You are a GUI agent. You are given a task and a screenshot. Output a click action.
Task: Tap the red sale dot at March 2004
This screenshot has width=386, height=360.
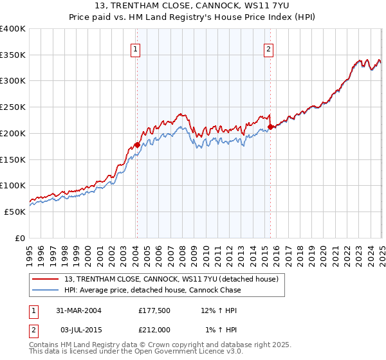coord(137,145)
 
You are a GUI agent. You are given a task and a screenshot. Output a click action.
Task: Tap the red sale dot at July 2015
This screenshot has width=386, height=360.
coord(270,127)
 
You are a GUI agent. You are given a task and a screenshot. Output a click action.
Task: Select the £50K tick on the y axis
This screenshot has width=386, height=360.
coord(15,212)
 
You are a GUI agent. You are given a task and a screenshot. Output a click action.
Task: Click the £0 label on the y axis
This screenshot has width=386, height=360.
coord(20,238)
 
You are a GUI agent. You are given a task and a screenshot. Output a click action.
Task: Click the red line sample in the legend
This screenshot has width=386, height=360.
coord(45,280)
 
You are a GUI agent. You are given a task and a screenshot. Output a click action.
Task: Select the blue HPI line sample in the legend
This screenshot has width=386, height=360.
coord(45,291)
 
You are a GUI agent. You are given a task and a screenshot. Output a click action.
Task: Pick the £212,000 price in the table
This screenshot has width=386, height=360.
coord(154,330)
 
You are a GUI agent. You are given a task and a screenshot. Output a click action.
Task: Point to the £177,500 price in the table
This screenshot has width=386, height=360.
coord(154,310)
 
